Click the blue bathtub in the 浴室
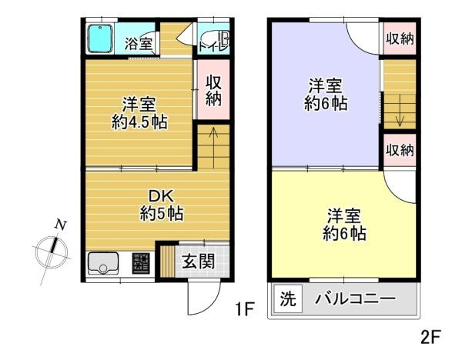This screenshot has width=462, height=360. click(x=100, y=38)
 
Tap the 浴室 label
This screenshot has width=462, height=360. click(x=139, y=44)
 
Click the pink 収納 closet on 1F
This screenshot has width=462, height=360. click(x=213, y=89)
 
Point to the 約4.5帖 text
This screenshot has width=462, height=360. click(x=139, y=122)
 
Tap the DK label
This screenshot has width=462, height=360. click(x=161, y=195)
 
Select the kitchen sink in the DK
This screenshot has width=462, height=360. click(x=103, y=263)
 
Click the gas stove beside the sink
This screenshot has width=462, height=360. click(x=141, y=263)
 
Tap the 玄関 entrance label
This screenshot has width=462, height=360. click(x=198, y=261)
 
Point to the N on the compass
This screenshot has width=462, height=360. click(x=60, y=225)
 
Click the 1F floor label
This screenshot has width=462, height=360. click(x=244, y=309)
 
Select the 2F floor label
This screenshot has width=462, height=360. click(x=430, y=338)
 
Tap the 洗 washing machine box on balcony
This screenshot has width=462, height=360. click(x=288, y=298)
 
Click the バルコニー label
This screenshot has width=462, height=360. click(x=356, y=299)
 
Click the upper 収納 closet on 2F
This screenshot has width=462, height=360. click(x=400, y=38)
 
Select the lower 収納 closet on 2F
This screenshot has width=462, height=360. click(x=400, y=150)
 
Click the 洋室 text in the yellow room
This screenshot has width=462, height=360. click(x=344, y=216)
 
